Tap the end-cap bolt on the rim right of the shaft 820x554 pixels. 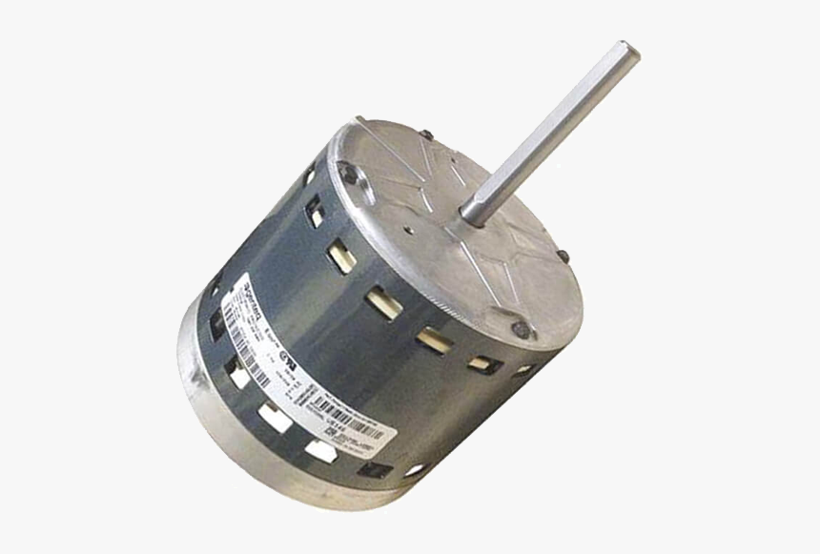563,256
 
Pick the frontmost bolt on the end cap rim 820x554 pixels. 521,330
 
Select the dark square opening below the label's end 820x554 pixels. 374,468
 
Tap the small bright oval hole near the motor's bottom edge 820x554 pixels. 416,469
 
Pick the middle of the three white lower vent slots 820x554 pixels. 275,414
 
